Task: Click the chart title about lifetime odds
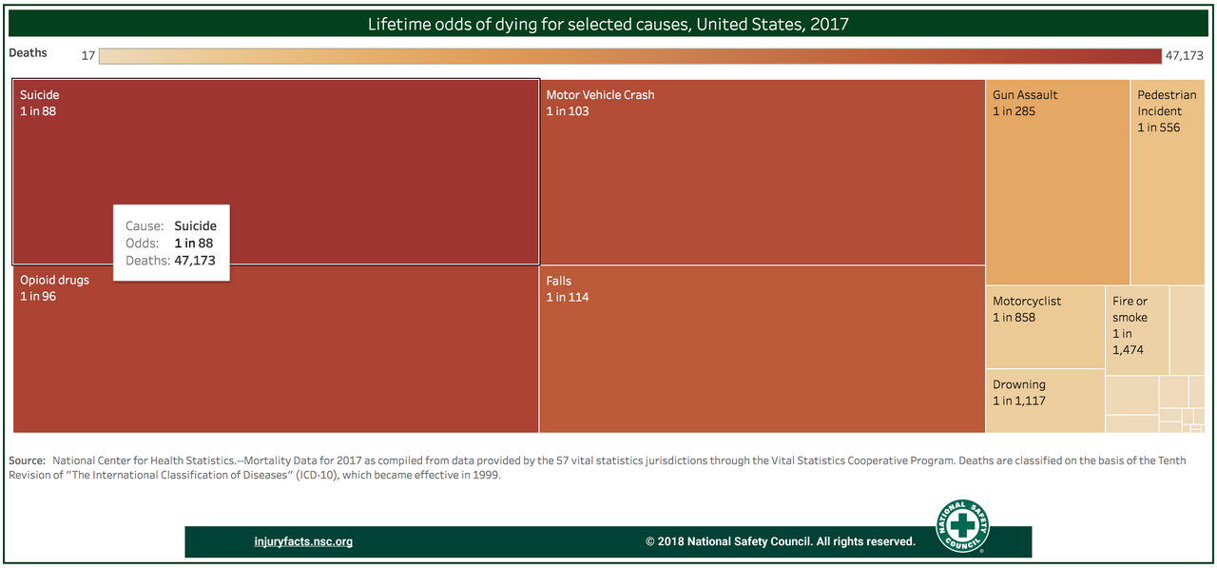click(608, 24)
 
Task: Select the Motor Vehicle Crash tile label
click(600, 95)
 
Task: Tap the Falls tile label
click(559, 282)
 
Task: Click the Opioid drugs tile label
click(54, 281)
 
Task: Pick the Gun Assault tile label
click(1025, 95)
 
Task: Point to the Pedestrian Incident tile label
click(1167, 103)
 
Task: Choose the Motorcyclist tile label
click(1027, 302)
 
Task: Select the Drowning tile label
click(1019, 385)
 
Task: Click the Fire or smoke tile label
click(1130, 309)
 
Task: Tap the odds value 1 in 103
click(568, 111)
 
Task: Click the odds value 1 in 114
click(568, 298)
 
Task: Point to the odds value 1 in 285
click(1014, 111)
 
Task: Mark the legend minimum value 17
click(87, 56)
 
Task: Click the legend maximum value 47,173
click(1184, 56)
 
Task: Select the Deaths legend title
click(28, 53)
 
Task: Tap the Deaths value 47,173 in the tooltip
click(195, 261)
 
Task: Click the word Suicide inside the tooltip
click(195, 226)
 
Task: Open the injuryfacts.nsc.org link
click(303, 542)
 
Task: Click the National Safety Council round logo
click(962, 527)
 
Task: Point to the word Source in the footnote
click(27, 460)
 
